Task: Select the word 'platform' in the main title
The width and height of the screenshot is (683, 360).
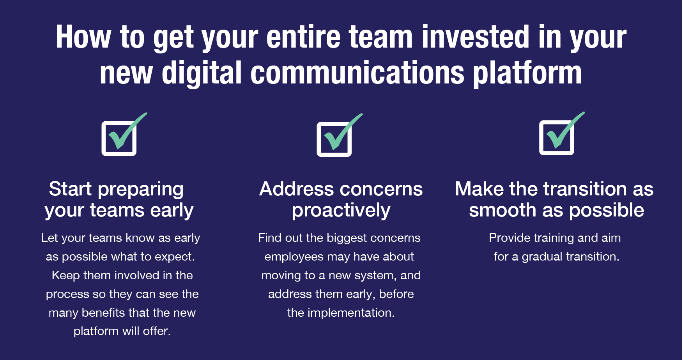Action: point(527,73)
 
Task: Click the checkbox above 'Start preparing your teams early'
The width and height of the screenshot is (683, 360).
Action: point(119,138)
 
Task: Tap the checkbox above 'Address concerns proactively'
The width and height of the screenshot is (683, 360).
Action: point(334,139)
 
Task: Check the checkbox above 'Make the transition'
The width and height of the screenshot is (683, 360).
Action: point(557,138)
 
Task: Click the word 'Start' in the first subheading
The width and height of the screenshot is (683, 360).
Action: point(70,189)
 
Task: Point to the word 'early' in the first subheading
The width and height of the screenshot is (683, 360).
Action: point(172,211)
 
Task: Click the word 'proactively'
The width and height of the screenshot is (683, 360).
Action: point(341,211)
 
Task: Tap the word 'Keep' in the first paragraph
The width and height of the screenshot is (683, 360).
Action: point(65,275)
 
